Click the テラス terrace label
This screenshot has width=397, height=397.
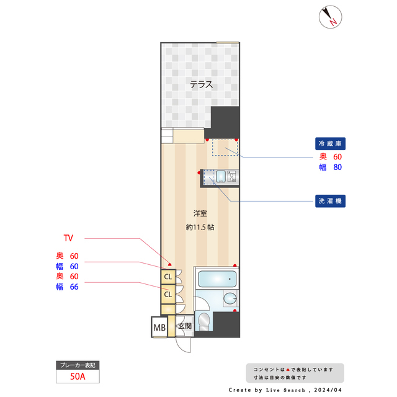tap(201, 85)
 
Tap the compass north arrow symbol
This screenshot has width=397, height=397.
tap(329, 17)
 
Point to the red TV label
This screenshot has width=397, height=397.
tap(68, 238)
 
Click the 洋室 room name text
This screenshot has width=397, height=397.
tap(200, 213)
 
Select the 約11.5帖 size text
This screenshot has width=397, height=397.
tap(200, 227)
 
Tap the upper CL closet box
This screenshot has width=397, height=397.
tap(167, 277)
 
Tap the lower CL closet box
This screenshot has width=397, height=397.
tap(167, 295)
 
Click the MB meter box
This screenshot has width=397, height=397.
tap(159, 327)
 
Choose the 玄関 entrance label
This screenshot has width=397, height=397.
tap(185, 326)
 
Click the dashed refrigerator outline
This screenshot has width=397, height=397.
tap(225, 147)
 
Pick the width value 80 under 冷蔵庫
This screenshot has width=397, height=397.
tap(337, 167)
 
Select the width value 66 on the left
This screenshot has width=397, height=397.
tap(74, 287)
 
